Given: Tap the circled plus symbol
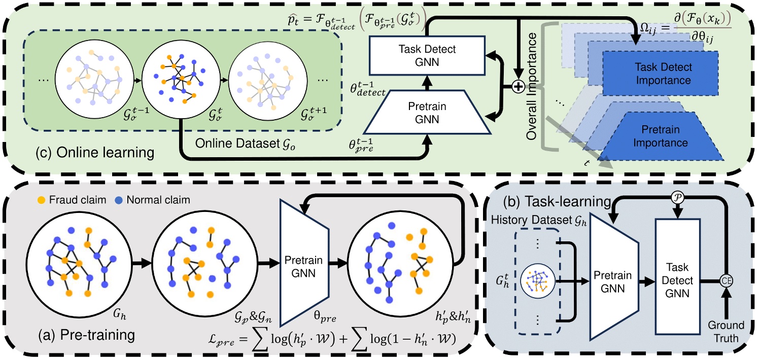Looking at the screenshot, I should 517,88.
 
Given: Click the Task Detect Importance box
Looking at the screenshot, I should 660,74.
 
